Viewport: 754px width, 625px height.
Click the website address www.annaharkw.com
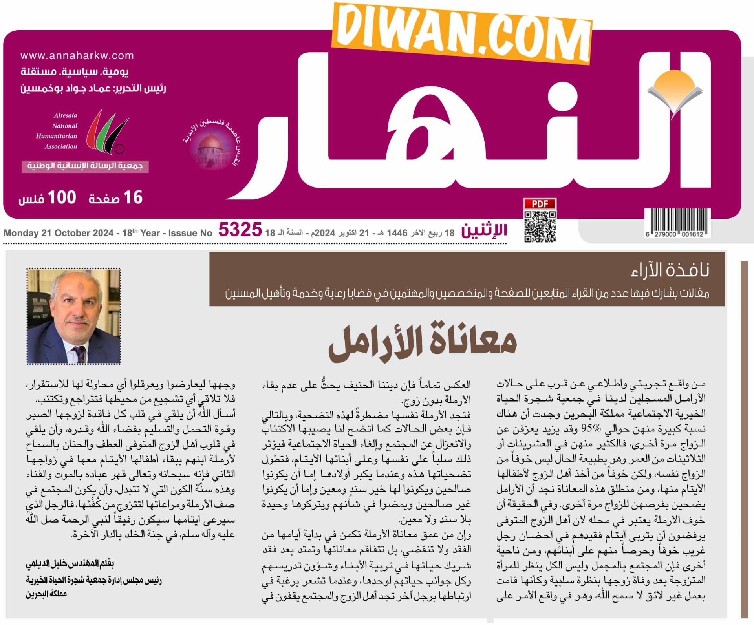77,56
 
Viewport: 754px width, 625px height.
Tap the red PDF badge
540,204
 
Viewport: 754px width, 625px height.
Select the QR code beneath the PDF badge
540,227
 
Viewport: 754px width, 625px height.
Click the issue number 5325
240,230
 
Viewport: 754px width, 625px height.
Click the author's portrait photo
74,316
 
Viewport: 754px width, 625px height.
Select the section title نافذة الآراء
670,270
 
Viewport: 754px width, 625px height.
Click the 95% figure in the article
591,429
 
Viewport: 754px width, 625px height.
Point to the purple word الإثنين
484,230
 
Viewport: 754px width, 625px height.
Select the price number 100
62,197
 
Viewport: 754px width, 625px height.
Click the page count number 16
133,197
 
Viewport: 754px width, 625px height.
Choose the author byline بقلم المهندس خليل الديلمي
70,564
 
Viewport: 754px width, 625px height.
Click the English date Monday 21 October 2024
59,233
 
